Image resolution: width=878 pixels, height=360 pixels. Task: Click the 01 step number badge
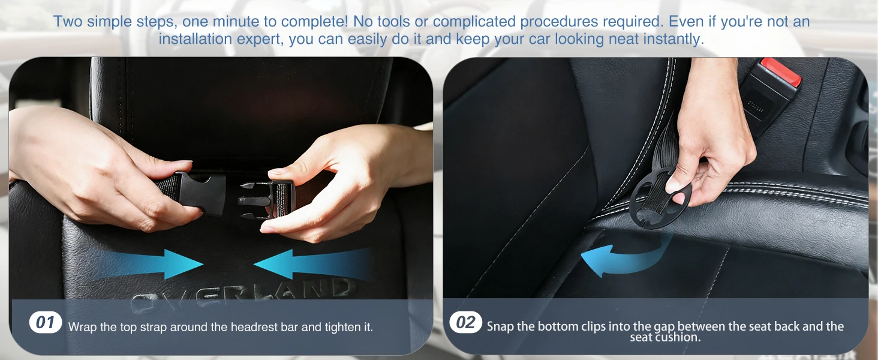pos(46,322)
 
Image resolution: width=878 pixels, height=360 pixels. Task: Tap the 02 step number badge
pos(465,322)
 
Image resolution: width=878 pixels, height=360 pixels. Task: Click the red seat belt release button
pos(781,71)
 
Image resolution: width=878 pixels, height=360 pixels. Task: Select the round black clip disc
pos(660,198)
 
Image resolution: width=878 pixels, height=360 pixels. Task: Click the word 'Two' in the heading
pos(68,22)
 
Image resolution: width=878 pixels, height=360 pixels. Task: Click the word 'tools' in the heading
pos(392,22)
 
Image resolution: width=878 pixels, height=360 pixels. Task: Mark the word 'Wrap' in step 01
pos(82,327)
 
